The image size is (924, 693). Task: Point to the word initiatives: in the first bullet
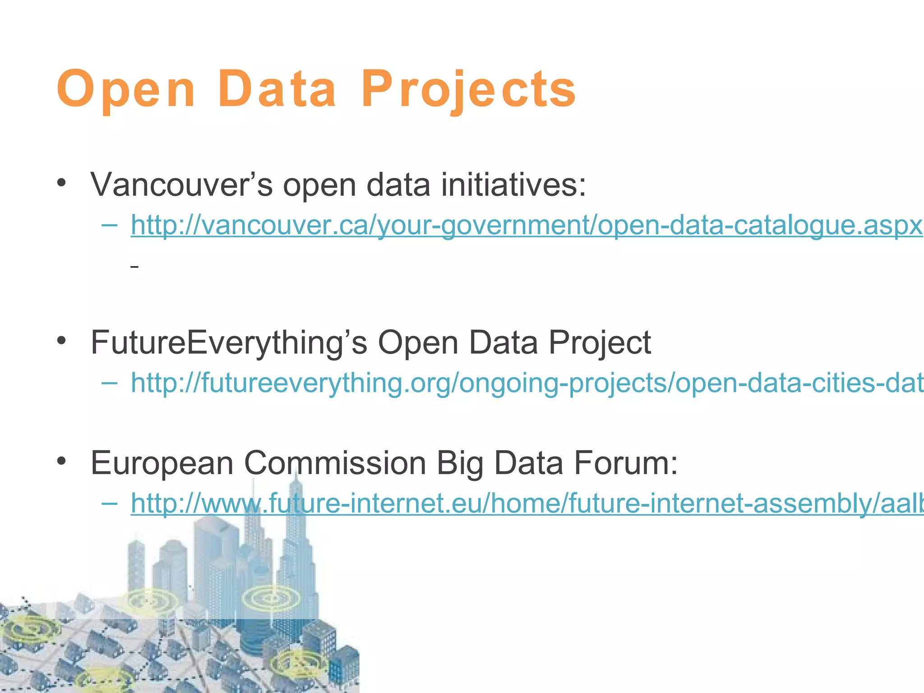tap(513, 185)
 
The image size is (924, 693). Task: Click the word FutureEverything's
tap(229, 342)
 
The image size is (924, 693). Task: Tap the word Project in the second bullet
tap(600, 342)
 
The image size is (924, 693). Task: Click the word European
tap(162, 463)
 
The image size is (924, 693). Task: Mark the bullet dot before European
tap(62, 461)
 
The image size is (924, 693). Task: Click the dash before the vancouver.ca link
tap(110, 224)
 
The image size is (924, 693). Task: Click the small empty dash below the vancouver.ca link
tap(134, 268)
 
